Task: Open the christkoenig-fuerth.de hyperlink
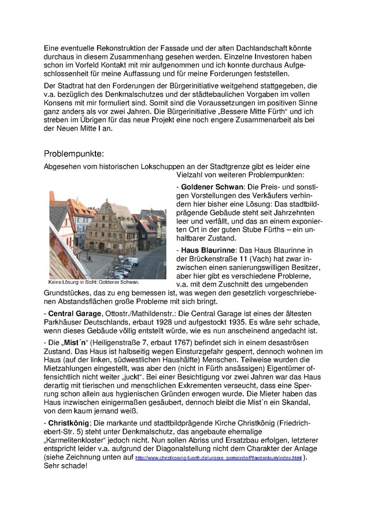[218, 458]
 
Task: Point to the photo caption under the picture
[94, 283]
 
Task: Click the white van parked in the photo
[132, 261]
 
